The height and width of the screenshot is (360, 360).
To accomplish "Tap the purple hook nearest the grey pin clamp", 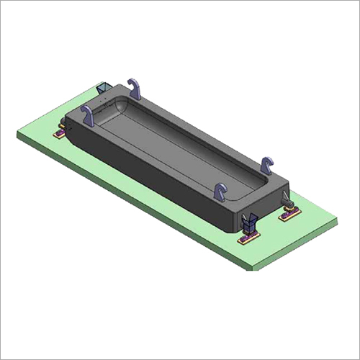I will tap(267, 166).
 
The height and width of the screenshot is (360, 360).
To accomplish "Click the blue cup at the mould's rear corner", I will tap(104, 89).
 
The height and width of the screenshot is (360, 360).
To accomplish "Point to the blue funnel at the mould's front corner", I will tap(249, 222).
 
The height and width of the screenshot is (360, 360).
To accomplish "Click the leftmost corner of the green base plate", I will tap(17, 132).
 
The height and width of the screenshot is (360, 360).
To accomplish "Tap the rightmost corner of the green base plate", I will tap(337, 218).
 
